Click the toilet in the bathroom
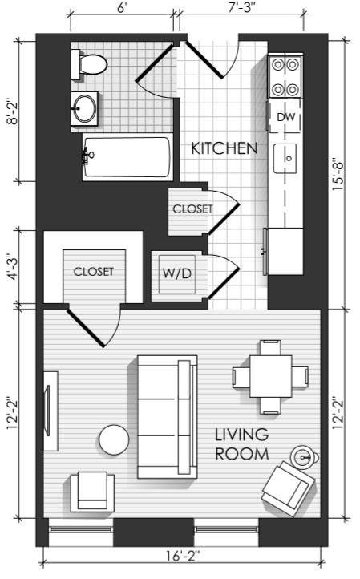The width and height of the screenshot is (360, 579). pos(90,65)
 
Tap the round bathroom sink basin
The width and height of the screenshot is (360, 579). pos(84,108)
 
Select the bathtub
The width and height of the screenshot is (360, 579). pos(127,157)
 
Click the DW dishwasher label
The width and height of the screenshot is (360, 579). pos(285,117)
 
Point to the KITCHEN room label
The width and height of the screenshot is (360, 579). pos(224,148)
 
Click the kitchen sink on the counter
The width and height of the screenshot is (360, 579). pos(285,159)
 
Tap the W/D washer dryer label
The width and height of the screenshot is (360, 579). pos(177,273)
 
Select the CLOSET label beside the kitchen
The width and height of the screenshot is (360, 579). pos(192,209)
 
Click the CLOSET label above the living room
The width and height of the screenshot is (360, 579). pos(94,271)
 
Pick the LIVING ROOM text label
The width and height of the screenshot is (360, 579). pos(242,444)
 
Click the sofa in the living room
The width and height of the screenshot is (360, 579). pos(168,417)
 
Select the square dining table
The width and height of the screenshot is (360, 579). pos(270,376)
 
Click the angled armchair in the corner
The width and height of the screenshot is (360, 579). pos(288,488)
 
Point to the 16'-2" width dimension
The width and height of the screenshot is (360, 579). pos(183,555)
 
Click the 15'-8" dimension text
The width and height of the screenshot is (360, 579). pos(338,176)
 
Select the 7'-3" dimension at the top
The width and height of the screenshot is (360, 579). pos(242,7)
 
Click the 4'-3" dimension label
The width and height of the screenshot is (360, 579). pos(14,266)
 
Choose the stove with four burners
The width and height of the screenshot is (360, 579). pos(285,77)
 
